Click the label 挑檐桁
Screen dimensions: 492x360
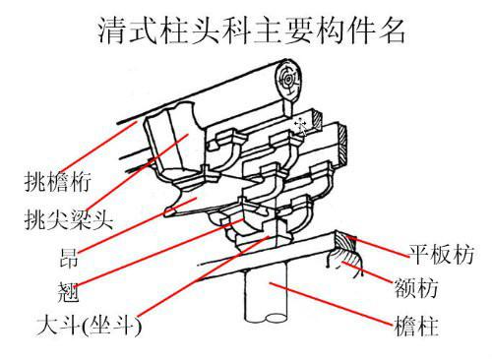coord(57,182)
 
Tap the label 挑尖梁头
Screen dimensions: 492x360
coord(69,219)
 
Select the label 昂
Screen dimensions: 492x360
coord(69,258)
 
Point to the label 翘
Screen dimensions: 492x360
coord(68,292)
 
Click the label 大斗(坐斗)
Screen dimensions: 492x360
coord(90,326)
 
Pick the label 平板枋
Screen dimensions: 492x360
coord(441,254)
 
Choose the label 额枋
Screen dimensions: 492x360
coord(416,288)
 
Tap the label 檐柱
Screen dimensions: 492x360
coord(416,326)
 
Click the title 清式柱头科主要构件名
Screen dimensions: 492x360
coord(252,31)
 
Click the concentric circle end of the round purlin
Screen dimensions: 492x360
coord(288,80)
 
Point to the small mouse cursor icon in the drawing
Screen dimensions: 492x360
coord(301,126)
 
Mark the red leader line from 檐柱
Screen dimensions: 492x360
coord(331,304)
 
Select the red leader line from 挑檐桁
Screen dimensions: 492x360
coord(98,148)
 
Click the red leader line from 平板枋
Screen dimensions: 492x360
coord(378,246)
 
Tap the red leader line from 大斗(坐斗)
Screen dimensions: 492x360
coord(205,276)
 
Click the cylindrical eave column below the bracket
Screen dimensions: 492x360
coord(266,294)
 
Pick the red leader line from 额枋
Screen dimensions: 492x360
coord(367,272)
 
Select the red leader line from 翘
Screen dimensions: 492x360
coord(159,253)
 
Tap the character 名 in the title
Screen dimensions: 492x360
coord(392,31)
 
